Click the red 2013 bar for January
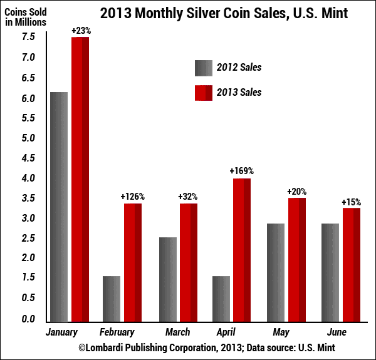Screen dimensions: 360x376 pyautogui.click(x=80, y=179)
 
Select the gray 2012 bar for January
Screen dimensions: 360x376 pyautogui.click(x=59, y=207)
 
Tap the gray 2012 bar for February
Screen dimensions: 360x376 pyautogui.click(x=112, y=299)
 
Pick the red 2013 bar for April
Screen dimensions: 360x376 pyautogui.click(x=242, y=250)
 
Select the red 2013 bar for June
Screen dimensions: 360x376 pyautogui.click(x=352, y=265)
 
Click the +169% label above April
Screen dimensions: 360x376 pyautogui.click(x=242, y=171)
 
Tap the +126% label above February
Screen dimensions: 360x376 pyautogui.click(x=133, y=197)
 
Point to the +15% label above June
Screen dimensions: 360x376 pyautogui.click(x=352, y=202)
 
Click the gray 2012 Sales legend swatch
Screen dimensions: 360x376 pyautogui.click(x=204, y=68)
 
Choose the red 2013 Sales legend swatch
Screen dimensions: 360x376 pyautogui.click(x=204, y=92)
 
